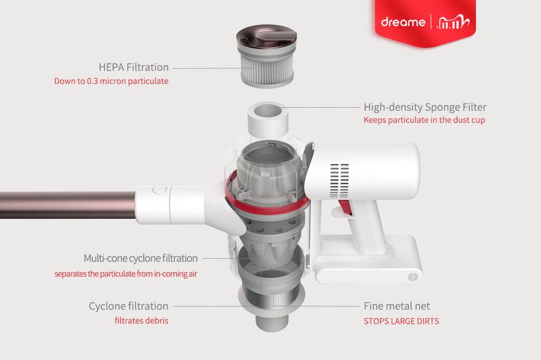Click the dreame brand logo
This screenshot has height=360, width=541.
(403, 22)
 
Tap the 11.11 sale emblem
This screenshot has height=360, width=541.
(453, 22)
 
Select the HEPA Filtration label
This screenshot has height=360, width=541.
(133, 67)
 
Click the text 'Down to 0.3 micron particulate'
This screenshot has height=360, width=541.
(111, 81)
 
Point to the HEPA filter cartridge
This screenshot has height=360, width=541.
(266, 55)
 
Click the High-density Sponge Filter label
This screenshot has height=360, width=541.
(425, 107)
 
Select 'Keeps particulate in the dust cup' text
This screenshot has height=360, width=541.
(424, 120)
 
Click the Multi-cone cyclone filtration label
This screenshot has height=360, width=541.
(141, 258)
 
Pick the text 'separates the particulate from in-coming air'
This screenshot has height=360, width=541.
(126, 274)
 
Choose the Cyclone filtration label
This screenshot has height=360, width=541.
(129, 306)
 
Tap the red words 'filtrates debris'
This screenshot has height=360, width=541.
(141, 321)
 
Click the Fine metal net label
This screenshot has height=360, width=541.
(397, 306)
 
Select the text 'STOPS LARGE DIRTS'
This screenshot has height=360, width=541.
(401, 321)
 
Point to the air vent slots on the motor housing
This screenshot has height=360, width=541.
(339, 181)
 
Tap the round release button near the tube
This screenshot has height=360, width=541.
(159, 190)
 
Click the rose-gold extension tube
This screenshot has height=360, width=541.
(68, 205)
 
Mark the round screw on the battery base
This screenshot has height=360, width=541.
(413, 277)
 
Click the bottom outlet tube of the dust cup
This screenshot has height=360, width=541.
(271, 322)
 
